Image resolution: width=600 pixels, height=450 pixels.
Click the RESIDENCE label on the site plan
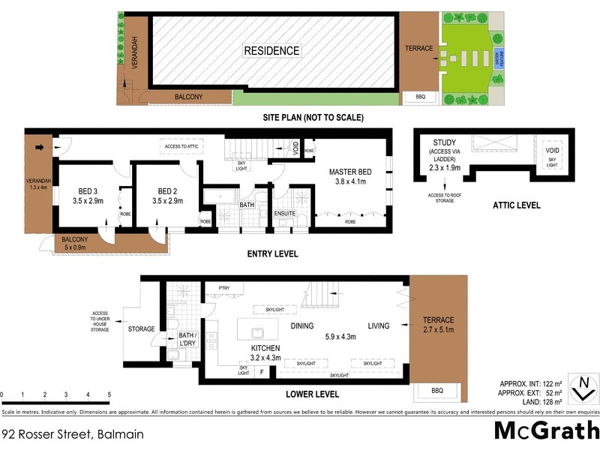271,50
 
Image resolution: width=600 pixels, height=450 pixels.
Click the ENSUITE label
286,213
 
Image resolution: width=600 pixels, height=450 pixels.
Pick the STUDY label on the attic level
445,142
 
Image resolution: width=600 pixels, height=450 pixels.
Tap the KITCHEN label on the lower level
265,348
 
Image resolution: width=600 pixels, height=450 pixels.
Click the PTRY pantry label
223,288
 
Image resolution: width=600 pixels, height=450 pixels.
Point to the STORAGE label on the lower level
142,328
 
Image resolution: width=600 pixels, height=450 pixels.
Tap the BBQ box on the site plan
415,97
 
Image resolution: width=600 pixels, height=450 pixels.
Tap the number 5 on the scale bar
109,394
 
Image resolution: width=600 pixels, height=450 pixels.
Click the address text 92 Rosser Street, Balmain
73,434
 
